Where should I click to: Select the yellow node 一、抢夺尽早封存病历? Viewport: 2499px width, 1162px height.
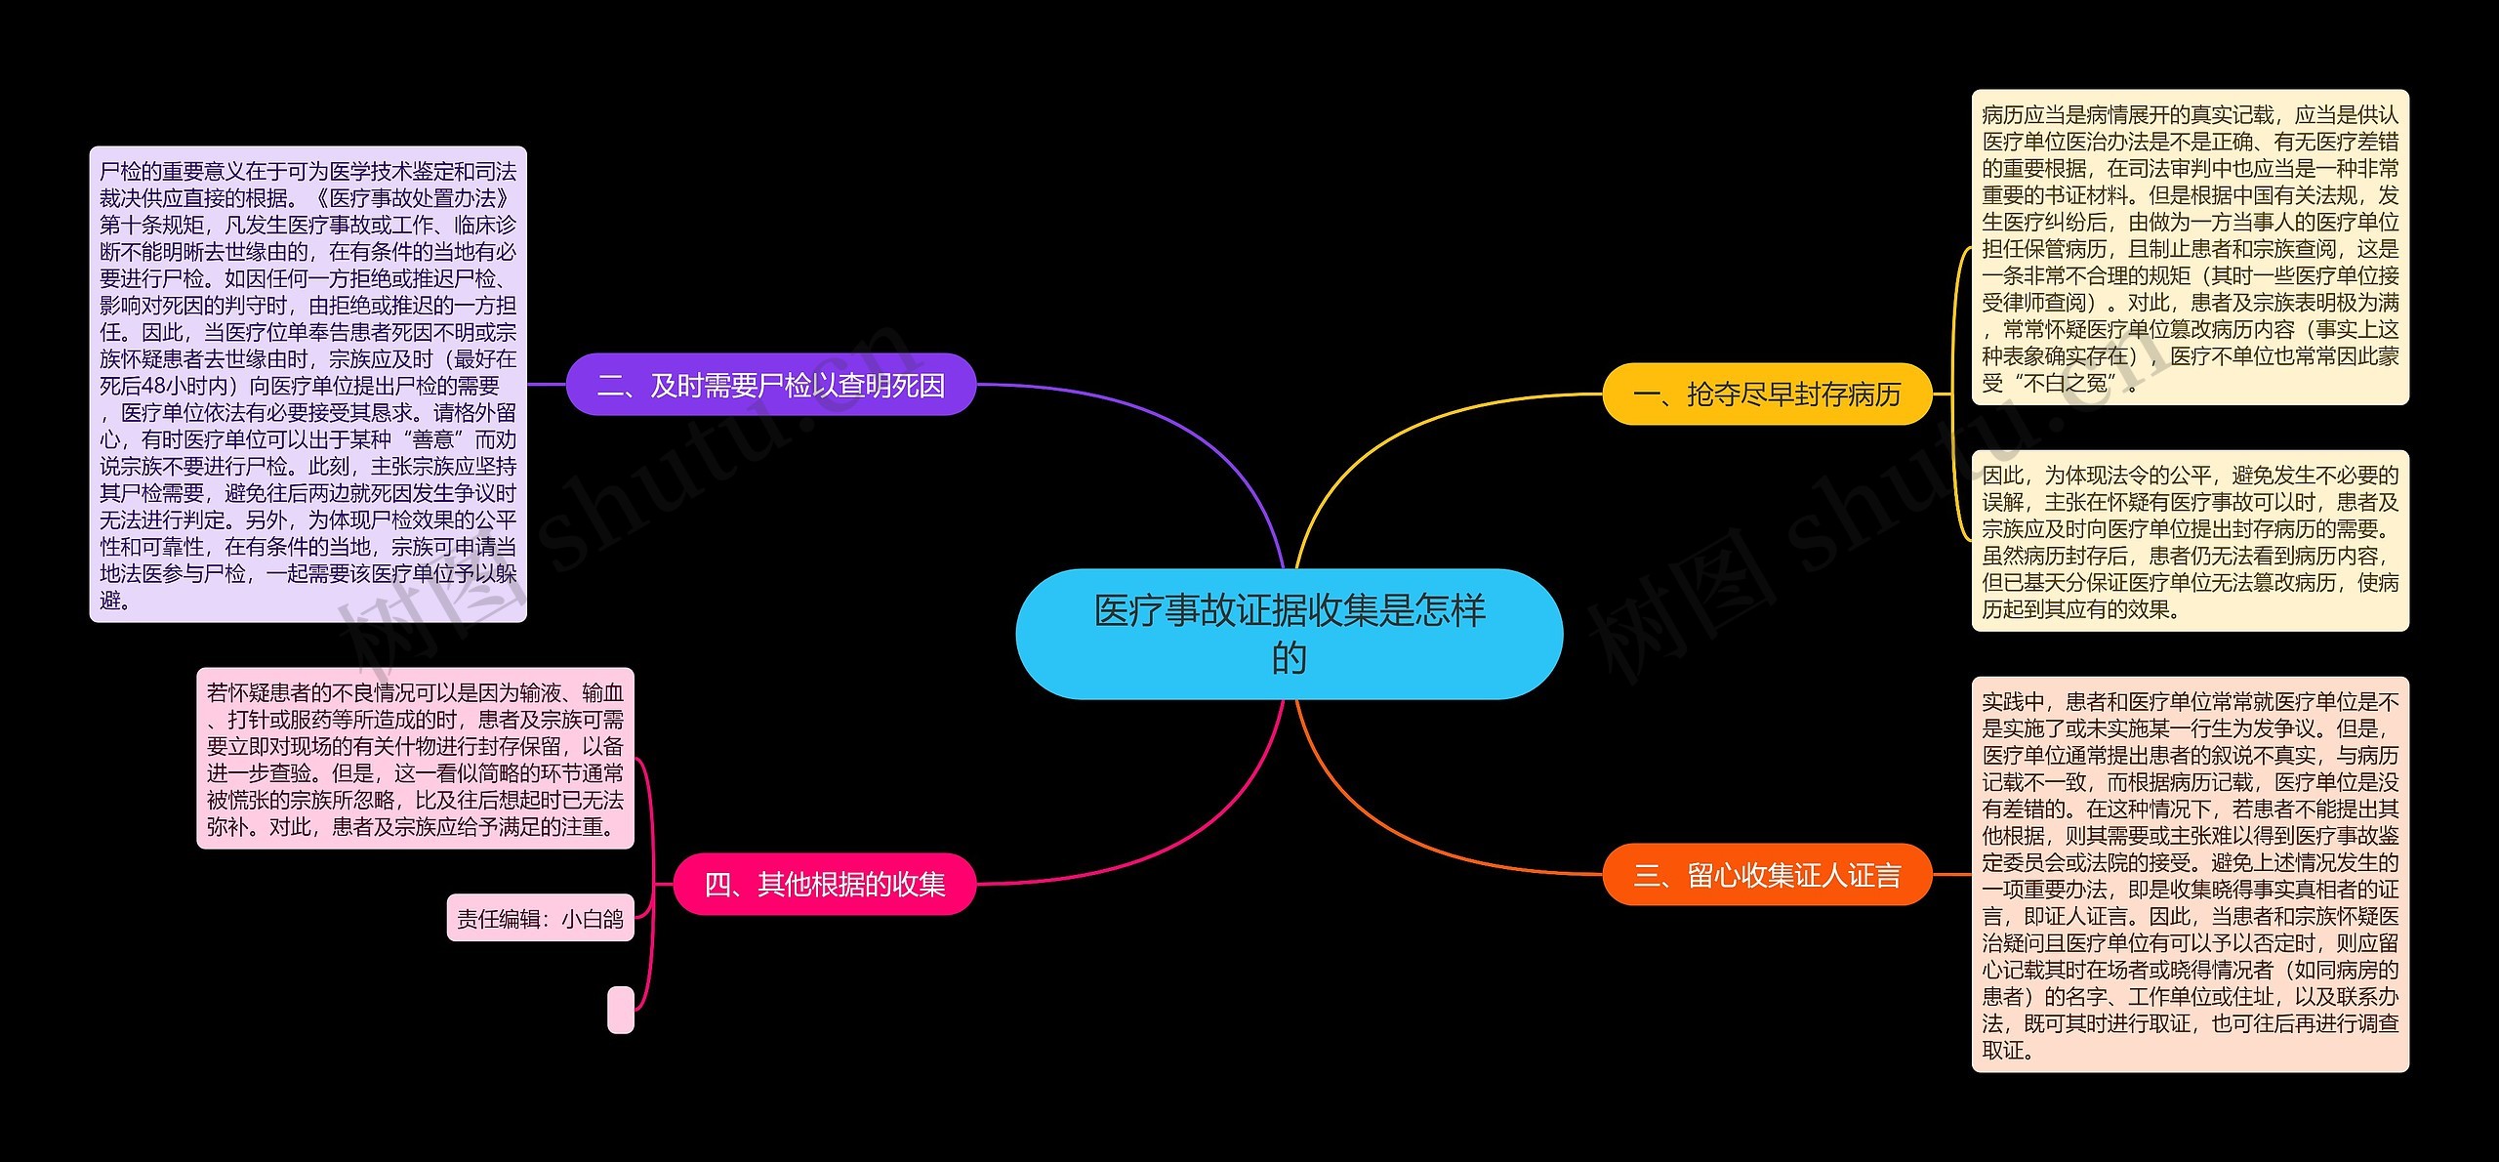pos(1767,394)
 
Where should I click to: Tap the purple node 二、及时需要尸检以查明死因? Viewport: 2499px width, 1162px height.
pos(770,386)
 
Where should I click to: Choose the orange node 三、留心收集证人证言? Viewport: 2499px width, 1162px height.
pos(1767,875)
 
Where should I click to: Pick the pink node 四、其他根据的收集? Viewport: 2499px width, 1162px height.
pos(825,885)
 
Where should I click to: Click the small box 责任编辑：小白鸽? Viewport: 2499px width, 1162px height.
pos(540,919)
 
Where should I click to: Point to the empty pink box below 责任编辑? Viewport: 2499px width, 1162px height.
pos(621,1010)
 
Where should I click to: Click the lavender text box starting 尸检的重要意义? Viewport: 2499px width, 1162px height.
pos(307,385)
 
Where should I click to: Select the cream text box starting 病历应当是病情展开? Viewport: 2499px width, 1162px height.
pos(2190,248)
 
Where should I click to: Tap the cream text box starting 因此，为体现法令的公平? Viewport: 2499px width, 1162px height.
pos(2190,541)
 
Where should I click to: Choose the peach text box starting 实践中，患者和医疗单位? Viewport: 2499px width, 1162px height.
pos(2190,875)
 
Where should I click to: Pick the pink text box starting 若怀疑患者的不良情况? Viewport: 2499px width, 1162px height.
pos(415,759)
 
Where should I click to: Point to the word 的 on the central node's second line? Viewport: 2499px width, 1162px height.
pos(1289,658)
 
